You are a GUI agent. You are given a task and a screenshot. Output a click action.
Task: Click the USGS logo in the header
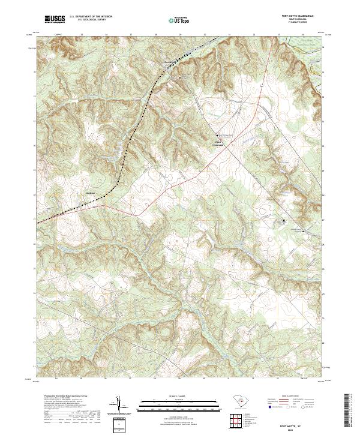(x=55, y=20)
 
